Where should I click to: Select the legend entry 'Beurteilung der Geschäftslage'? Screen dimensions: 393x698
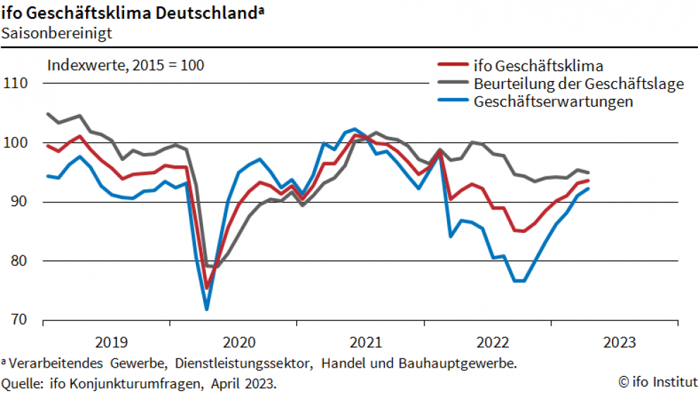coord(579,84)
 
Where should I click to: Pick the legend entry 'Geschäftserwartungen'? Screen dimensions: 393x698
coord(553,102)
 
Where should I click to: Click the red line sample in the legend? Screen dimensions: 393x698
coord(453,66)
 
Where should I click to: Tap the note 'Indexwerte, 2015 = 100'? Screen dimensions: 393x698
coord(125,66)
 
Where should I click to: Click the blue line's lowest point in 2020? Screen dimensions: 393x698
coord(207,309)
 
